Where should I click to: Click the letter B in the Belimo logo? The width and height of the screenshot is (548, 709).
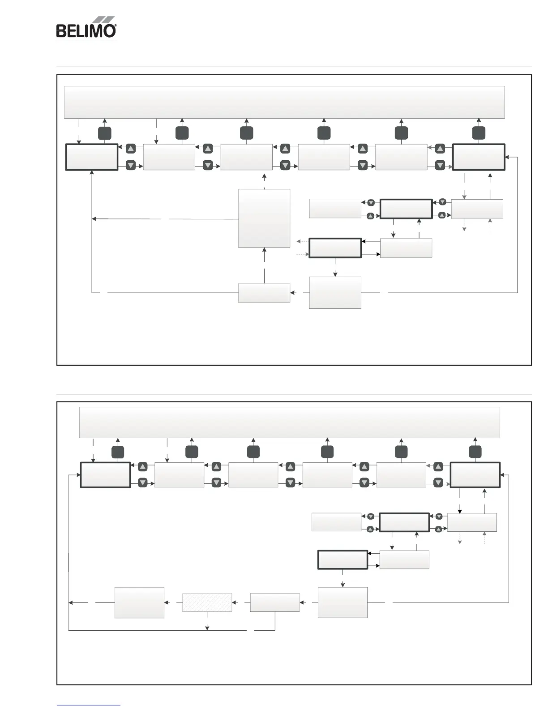pyautogui.click(x=61, y=31)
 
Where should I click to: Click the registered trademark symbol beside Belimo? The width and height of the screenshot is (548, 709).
pyautogui.click(x=116, y=27)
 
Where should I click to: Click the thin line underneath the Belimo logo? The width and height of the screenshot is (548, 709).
pyautogui.click(x=86, y=40)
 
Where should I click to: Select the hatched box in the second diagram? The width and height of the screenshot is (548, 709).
pyautogui.click(x=207, y=602)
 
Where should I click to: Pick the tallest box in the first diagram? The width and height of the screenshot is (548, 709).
pyautogui.click(x=264, y=218)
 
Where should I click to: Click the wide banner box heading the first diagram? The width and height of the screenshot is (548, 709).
pyautogui.click(x=284, y=102)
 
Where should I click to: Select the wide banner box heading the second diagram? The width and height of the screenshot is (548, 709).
pyautogui.click(x=289, y=422)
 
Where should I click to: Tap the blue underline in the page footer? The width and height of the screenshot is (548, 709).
pyautogui.click(x=89, y=705)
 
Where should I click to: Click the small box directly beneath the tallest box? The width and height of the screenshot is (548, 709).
pyautogui.click(x=264, y=292)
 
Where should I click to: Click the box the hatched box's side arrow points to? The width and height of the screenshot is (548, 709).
pyautogui.click(x=139, y=602)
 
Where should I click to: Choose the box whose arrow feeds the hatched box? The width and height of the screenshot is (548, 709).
pyautogui.click(x=274, y=602)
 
